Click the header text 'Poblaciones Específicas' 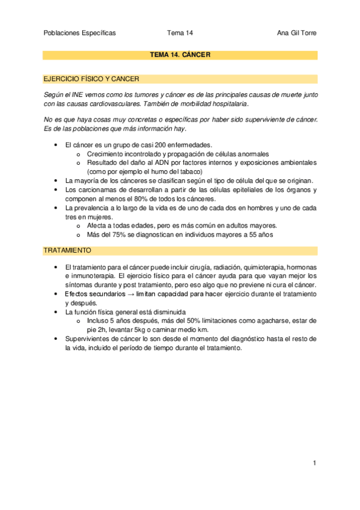[80, 33]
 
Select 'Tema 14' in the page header [180, 33]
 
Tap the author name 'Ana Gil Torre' [294, 33]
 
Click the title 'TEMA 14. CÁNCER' [180, 55]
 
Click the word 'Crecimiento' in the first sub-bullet [106, 154]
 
